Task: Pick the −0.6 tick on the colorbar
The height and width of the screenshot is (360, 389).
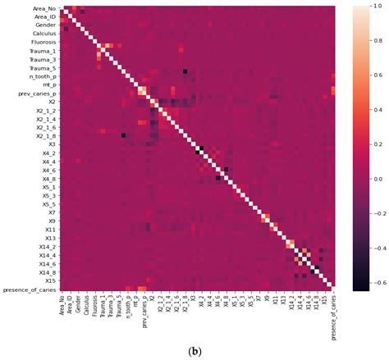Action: pyautogui.click(x=373, y=281)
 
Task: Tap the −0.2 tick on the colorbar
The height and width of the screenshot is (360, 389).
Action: pyautogui.click(x=373, y=212)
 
